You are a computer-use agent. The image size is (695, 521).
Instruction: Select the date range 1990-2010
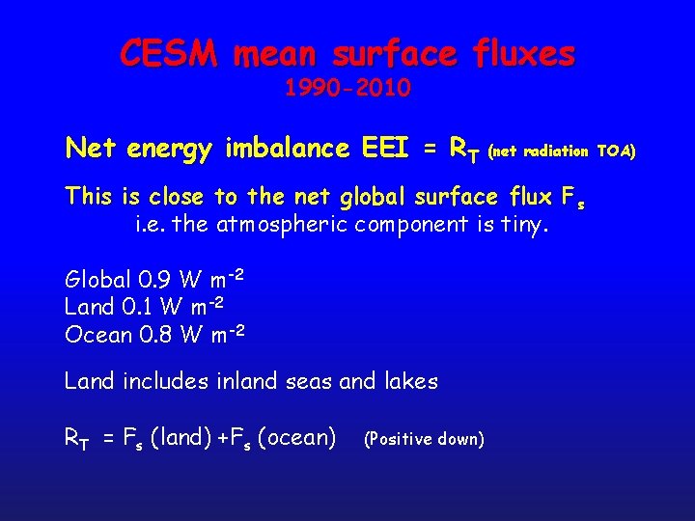click(347, 89)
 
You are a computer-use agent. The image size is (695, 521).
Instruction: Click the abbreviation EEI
click(386, 149)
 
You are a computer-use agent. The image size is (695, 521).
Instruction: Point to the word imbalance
click(288, 149)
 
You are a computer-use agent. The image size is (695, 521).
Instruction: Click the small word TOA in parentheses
click(615, 151)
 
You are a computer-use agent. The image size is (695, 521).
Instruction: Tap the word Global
click(97, 281)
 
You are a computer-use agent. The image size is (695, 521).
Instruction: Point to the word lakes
click(410, 381)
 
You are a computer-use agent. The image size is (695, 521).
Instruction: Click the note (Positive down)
click(423, 439)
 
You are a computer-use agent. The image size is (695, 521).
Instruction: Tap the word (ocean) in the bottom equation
click(298, 438)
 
